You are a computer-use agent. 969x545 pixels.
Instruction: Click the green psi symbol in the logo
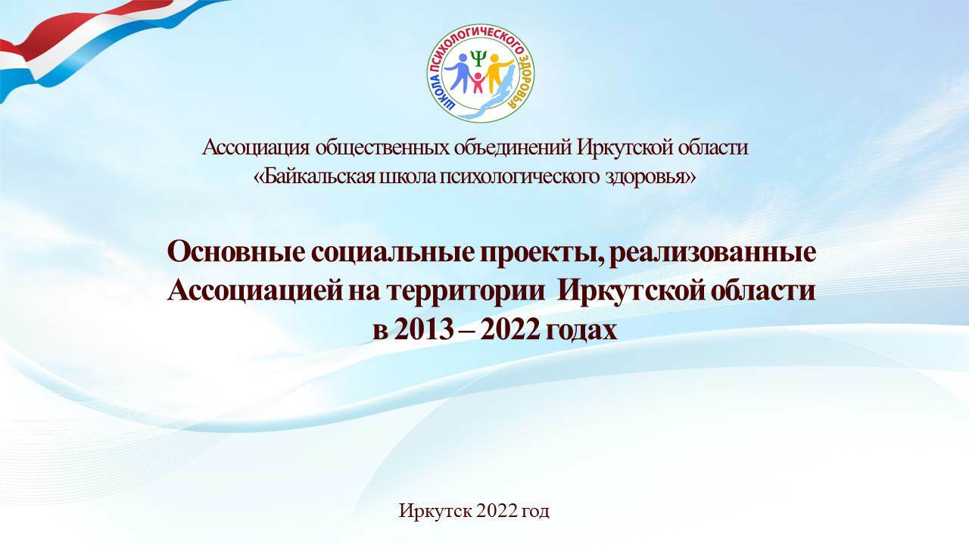pyautogui.click(x=478, y=58)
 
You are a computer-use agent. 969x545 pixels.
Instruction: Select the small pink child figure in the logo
pyautogui.click(x=478, y=83)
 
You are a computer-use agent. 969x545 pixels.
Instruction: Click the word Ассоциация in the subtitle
pyautogui.click(x=256, y=148)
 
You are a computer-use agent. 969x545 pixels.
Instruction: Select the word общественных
pyautogui.click(x=382, y=148)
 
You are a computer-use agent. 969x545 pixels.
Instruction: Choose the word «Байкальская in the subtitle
pyautogui.click(x=314, y=177)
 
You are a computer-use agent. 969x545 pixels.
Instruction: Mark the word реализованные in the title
pyautogui.click(x=712, y=254)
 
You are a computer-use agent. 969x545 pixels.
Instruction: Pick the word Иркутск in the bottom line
pyautogui.click(x=435, y=511)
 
